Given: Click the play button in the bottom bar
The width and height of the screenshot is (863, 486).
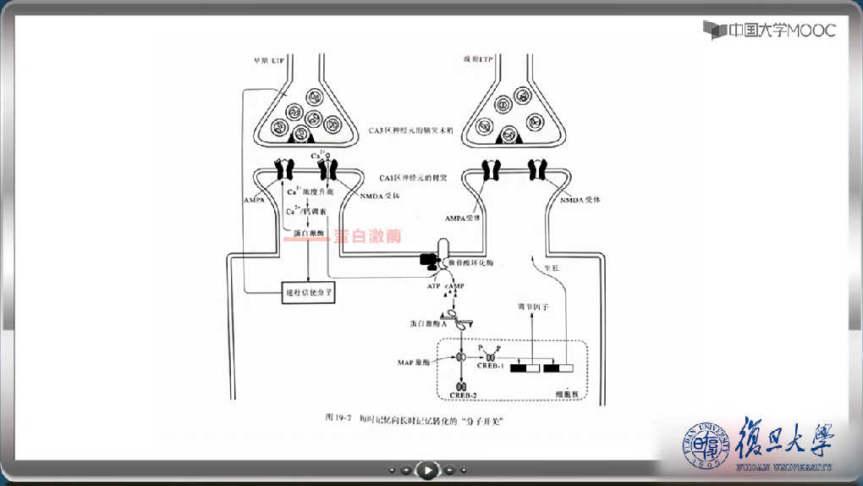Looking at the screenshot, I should click(x=429, y=469).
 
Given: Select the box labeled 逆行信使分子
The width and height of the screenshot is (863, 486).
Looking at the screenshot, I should click(x=309, y=292).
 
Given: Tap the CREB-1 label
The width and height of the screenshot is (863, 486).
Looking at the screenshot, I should click(x=492, y=366).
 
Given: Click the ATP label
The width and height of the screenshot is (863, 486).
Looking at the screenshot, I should click(x=433, y=286).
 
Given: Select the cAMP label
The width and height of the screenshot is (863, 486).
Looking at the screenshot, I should click(x=454, y=286).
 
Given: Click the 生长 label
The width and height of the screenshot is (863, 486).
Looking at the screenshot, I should click(x=551, y=268).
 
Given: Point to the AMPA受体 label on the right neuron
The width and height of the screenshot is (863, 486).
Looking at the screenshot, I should click(x=463, y=218).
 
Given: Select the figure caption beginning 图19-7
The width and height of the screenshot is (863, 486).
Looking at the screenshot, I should click(x=419, y=418).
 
